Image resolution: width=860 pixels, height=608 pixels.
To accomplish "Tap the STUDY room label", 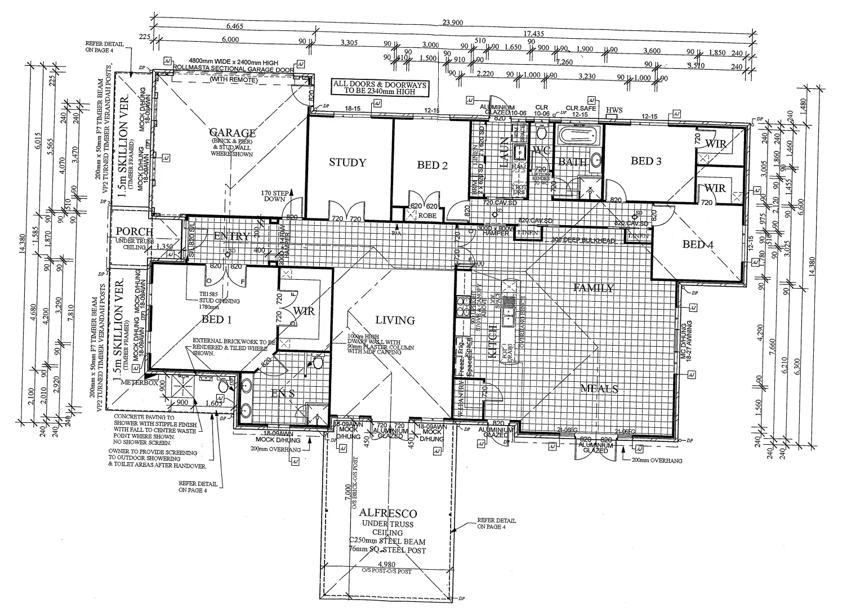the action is pyautogui.click(x=347, y=163).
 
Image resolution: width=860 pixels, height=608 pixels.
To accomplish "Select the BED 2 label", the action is pyautogui.click(x=432, y=165).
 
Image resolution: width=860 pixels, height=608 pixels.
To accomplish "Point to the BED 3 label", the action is pyautogui.click(x=645, y=161).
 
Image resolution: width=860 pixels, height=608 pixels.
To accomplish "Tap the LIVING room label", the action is pyautogui.click(x=395, y=320).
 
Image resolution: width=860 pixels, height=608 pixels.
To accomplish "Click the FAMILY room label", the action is pyautogui.click(x=594, y=288).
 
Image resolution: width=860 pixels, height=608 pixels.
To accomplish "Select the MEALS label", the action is pyautogui.click(x=599, y=388).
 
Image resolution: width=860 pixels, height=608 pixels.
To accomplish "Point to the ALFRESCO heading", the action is pyautogui.click(x=388, y=513).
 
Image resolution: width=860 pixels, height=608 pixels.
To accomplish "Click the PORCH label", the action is pyautogui.click(x=134, y=231).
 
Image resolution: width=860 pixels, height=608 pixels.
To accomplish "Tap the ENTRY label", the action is pyautogui.click(x=231, y=236).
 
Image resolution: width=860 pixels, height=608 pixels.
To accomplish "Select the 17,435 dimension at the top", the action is pyautogui.click(x=533, y=34).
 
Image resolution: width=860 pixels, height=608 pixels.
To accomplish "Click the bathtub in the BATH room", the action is pyautogui.click(x=578, y=136).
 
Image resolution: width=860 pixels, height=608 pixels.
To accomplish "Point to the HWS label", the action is pyautogui.click(x=614, y=110).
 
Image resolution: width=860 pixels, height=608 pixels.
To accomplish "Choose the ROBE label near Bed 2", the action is pyautogui.click(x=427, y=215).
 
